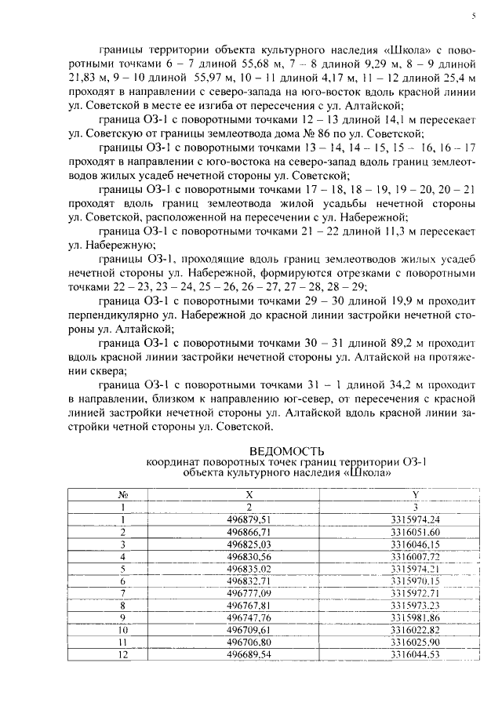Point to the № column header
(122, 496)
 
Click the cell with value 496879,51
(249, 519)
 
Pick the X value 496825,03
(249, 543)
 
